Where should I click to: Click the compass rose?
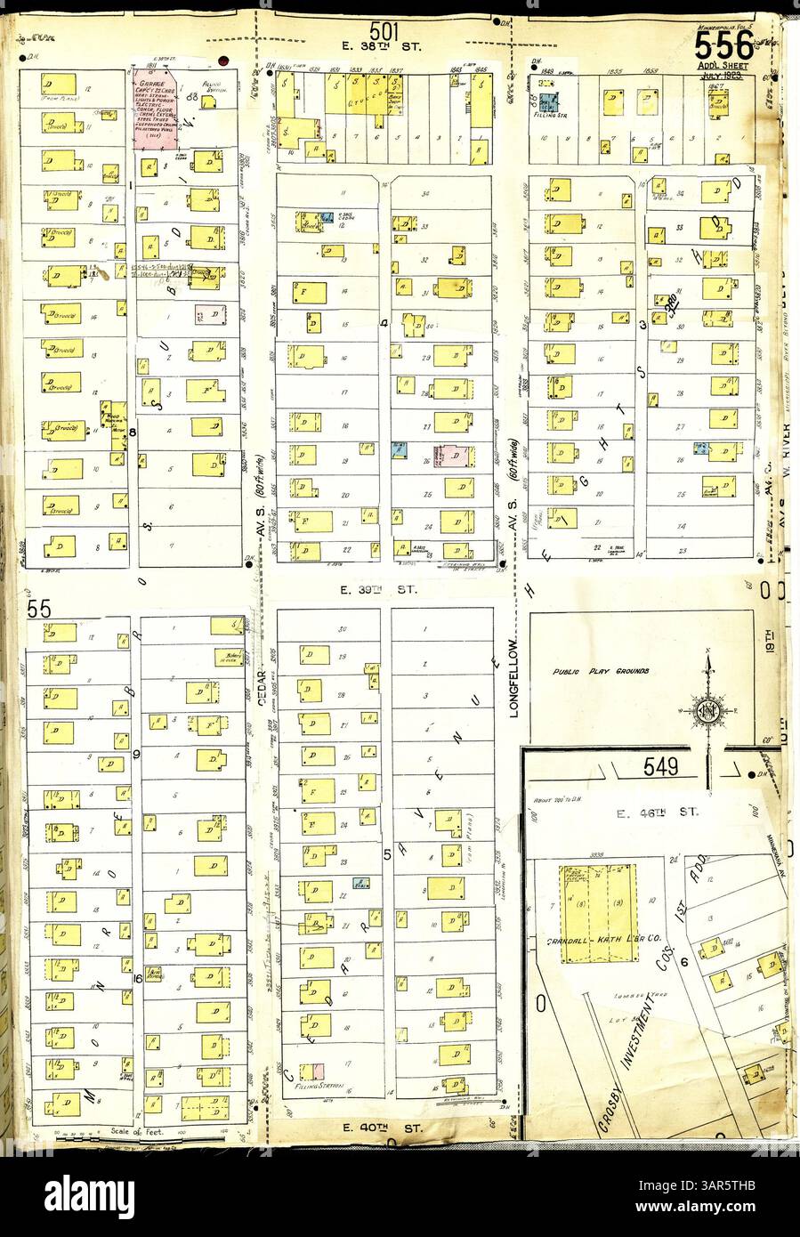click(x=708, y=709)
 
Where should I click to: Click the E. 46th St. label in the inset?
click(x=658, y=813)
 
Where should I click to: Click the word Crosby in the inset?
click(x=605, y=1110)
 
